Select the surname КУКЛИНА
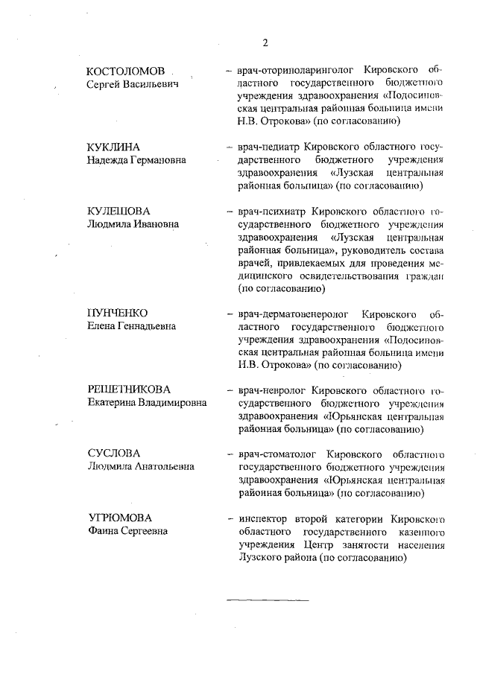tap(113, 147)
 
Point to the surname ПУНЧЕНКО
tap(118, 313)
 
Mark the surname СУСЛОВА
tap(113, 454)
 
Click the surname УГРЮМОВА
tap(119, 518)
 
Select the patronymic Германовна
tap(155, 160)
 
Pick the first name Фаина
tap(102, 531)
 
